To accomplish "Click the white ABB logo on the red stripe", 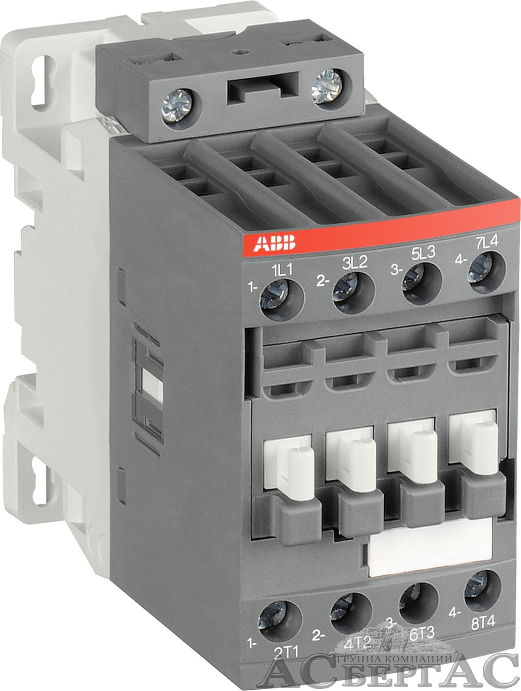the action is pyautogui.click(x=275, y=243).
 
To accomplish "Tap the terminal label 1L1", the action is pyautogui.click(x=282, y=270).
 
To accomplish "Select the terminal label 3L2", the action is pyautogui.click(x=355, y=262).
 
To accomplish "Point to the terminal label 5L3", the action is pyautogui.click(x=423, y=253).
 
